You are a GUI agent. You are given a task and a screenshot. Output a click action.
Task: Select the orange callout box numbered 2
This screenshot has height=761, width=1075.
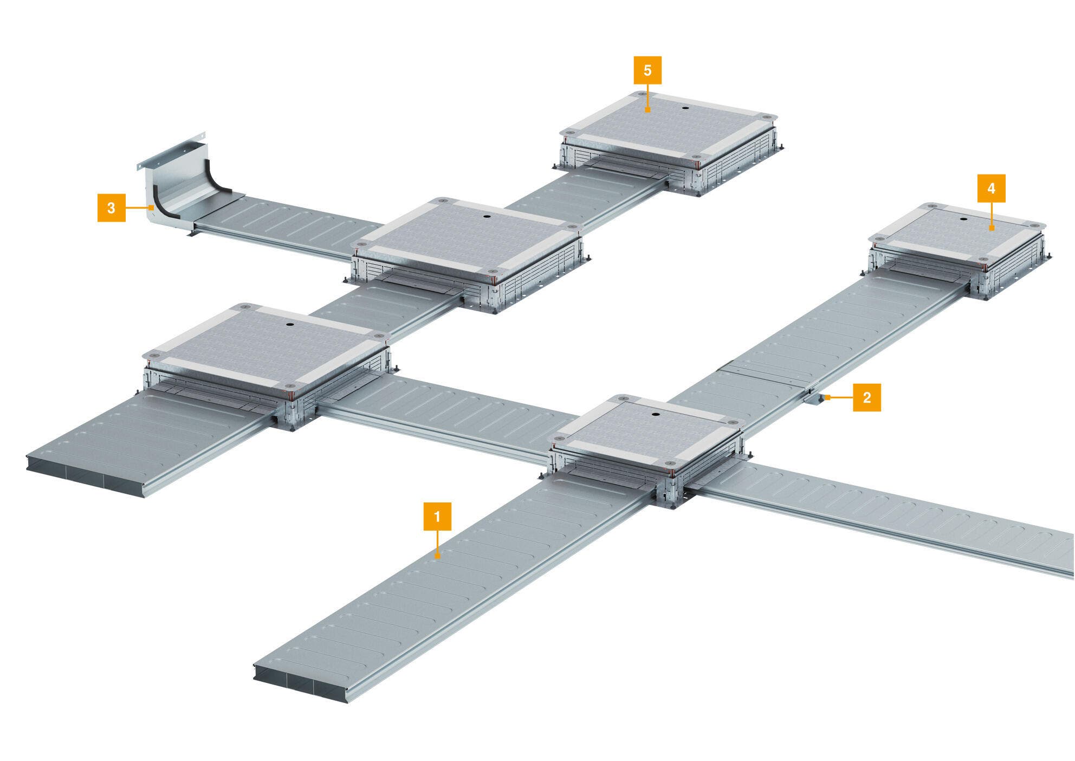pyautogui.click(x=866, y=397)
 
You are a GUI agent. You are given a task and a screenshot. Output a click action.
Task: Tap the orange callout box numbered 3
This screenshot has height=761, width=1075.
pyautogui.click(x=111, y=208)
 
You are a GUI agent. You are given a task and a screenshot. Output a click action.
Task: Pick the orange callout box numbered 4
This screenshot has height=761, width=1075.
pyautogui.click(x=991, y=188)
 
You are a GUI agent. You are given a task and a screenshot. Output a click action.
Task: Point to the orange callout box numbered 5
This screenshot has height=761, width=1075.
pyautogui.click(x=647, y=70)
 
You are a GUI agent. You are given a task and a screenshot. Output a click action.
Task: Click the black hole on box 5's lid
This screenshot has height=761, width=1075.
pyautogui.click(x=685, y=107)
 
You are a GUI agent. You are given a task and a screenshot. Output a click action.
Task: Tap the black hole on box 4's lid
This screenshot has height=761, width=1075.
pyautogui.click(x=963, y=220)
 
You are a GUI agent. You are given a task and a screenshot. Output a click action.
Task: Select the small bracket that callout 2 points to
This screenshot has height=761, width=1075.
pyautogui.click(x=812, y=398)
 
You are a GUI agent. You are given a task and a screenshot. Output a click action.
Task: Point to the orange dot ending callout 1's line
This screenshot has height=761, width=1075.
pyautogui.click(x=438, y=556)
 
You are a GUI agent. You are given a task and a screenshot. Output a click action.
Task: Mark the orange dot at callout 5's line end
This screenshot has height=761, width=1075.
pyautogui.click(x=647, y=110)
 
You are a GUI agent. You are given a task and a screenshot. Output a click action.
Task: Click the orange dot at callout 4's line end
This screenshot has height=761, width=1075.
pyautogui.click(x=991, y=229)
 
